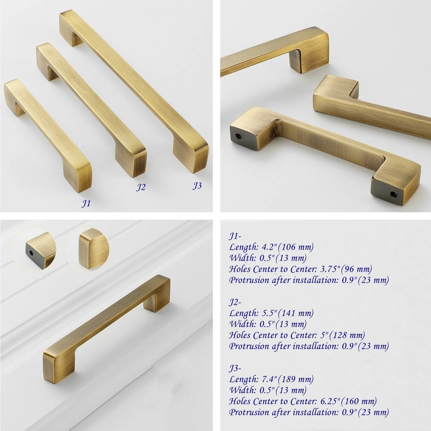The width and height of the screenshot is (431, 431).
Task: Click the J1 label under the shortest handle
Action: coord(86,203)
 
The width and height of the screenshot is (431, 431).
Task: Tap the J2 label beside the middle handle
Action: coord(141,187)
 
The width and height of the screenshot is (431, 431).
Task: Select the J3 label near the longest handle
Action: coord(197,186)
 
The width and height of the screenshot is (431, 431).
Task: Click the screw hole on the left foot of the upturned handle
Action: coord(239,135)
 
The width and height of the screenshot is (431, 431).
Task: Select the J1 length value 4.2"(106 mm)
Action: coord(288,247)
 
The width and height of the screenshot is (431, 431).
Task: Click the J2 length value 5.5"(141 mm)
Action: coord(288,313)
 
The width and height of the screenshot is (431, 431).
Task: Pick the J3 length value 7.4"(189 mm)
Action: coord(288,379)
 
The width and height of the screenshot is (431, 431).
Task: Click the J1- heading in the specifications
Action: coord(235,236)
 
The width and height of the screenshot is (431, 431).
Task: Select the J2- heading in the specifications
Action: coord(235,302)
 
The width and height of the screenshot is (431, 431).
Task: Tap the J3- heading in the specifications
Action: coord(235,368)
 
